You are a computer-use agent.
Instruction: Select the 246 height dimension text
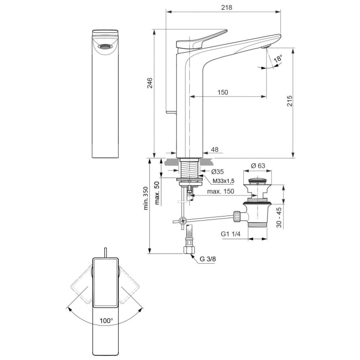pos(150,83)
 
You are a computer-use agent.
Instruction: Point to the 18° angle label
pos(278,59)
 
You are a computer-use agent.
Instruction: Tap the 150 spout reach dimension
pos(222,92)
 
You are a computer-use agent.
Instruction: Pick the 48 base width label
pos(214,150)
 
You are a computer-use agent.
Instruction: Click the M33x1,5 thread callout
pos(223,181)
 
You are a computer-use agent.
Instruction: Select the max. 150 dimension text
pos(221,192)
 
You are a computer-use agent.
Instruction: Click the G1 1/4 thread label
pos(231,234)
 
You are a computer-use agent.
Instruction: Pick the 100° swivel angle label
pos(106,320)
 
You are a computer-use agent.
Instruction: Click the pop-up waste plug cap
pos(257,182)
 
